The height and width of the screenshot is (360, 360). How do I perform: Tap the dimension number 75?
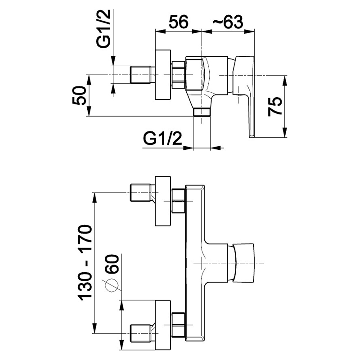275,107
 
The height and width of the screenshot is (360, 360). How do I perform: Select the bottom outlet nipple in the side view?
202,112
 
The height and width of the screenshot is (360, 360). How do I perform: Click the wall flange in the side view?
162,75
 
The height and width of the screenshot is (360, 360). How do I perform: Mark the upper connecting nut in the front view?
179,201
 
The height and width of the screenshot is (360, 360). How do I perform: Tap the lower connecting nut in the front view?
179,324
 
